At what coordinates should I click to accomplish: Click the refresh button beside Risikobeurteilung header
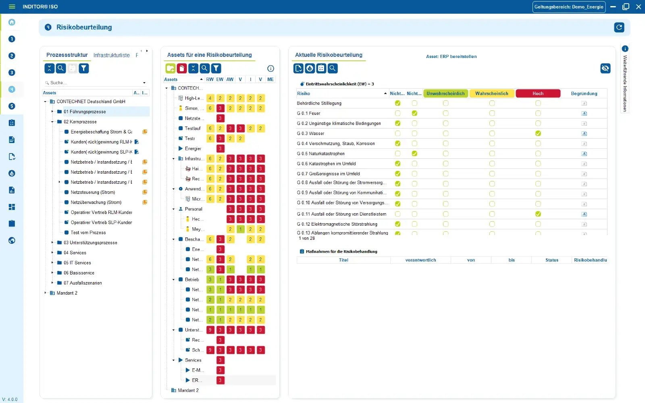click(x=619, y=27)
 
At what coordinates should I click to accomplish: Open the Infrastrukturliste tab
click(x=112, y=55)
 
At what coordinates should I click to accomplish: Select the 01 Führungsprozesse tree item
click(x=85, y=112)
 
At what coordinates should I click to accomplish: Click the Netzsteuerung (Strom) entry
click(x=93, y=192)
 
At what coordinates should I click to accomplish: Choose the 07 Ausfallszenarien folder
click(x=83, y=283)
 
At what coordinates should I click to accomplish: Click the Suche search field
click(x=95, y=83)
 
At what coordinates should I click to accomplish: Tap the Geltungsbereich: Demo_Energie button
click(x=569, y=7)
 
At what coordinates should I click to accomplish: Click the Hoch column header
click(x=538, y=93)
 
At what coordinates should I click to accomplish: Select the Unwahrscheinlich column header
click(x=445, y=93)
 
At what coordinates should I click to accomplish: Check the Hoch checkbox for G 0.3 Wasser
click(x=538, y=133)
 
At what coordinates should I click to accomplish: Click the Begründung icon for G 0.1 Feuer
click(x=584, y=114)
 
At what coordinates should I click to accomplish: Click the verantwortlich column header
click(x=420, y=260)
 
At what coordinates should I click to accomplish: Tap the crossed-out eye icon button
click(x=605, y=69)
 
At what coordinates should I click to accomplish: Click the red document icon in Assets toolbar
click(x=182, y=69)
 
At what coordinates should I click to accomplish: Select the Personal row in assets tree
click(x=193, y=209)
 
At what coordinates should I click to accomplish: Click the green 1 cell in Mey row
click(x=240, y=229)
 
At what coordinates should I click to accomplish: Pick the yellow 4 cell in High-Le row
click(x=210, y=98)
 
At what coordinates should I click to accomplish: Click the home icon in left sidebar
click(x=12, y=22)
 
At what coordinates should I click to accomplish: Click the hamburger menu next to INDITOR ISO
click(x=12, y=7)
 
